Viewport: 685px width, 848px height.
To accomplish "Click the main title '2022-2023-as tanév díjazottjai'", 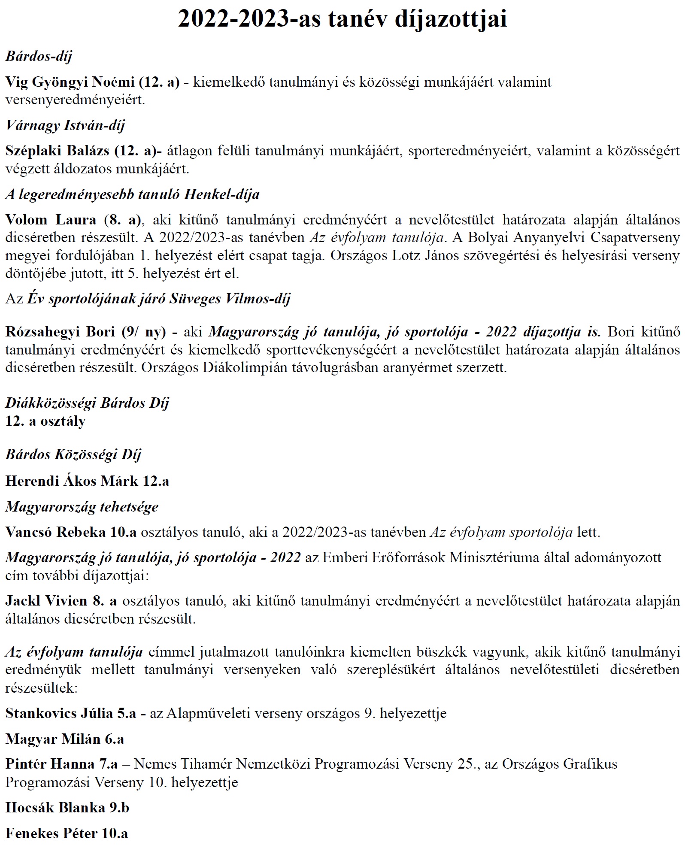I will (342, 19).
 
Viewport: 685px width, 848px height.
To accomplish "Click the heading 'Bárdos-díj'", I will (39, 56).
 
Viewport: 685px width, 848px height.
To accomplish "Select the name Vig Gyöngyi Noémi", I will (70, 82).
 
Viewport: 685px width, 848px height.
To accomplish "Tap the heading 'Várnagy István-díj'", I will (65, 125).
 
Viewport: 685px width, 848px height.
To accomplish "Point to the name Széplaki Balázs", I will (58, 151).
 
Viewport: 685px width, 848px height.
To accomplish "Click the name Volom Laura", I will (51, 220).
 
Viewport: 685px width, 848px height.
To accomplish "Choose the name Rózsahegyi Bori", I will (60, 332).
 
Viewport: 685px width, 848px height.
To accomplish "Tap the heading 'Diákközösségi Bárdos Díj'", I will (87, 403).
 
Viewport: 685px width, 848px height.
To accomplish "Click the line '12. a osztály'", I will (45, 421).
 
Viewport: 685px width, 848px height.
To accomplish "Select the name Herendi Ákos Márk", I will (72, 481).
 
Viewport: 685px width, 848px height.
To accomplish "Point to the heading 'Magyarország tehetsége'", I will (82, 507).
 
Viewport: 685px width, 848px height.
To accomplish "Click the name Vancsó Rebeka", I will (55, 533).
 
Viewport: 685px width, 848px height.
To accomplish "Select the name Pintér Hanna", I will (49, 764).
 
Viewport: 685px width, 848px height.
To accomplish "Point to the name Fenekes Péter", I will (52, 833).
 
